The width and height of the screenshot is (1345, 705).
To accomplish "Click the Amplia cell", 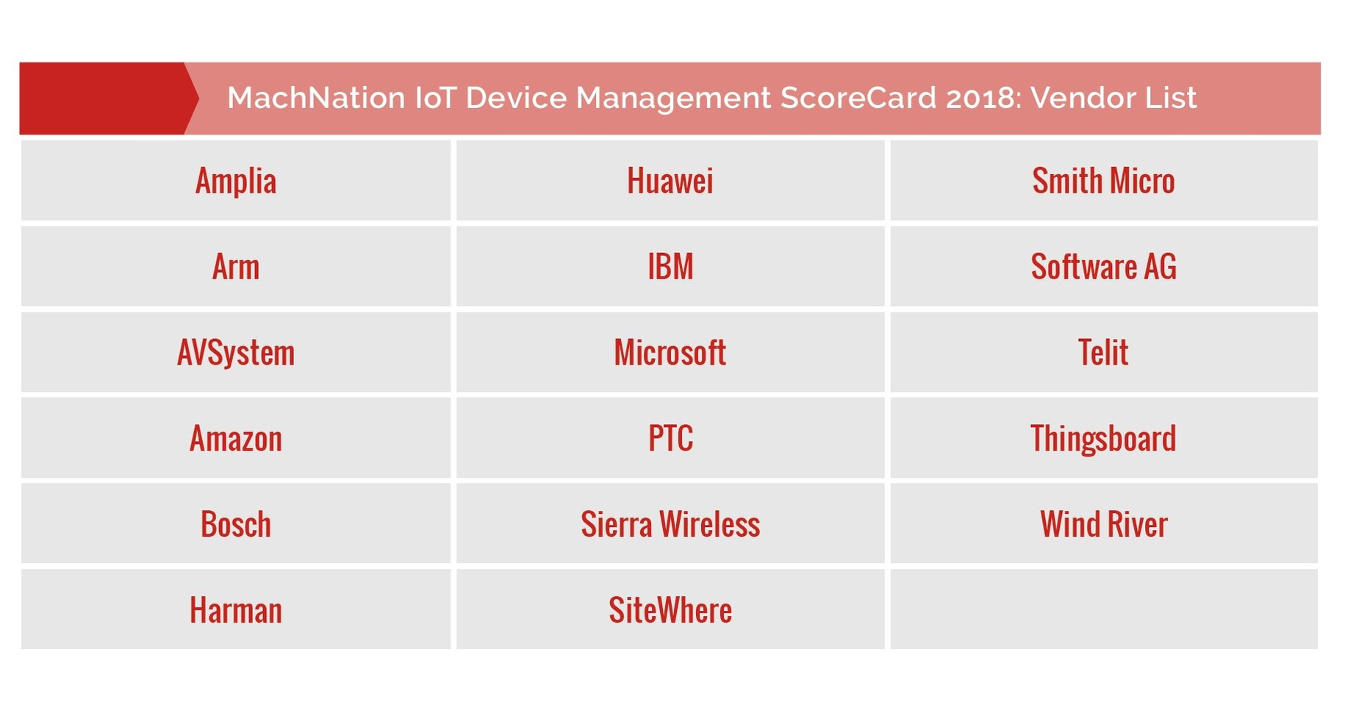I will tap(236, 181).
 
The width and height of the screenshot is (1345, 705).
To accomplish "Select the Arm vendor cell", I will tap(236, 267).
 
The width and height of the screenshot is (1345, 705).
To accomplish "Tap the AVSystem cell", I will tap(236, 353).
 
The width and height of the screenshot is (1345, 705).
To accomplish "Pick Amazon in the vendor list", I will tap(236, 439).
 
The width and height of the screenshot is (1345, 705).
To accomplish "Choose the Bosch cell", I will tap(236, 525).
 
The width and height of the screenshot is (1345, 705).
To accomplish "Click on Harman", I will tap(236, 610).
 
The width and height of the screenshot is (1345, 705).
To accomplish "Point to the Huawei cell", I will tap(670, 181).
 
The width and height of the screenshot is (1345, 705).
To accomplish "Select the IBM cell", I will tap(670, 267).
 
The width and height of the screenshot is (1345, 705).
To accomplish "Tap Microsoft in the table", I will tap(670, 353).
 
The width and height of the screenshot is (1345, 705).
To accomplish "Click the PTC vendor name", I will tap(670, 439).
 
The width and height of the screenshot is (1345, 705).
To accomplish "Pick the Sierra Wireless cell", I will tap(670, 525).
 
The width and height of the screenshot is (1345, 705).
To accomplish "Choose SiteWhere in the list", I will tap(670, 610).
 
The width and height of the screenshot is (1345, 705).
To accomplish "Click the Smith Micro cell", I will tap(1103, 181).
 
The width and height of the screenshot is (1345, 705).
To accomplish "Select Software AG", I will tap(1103, 267).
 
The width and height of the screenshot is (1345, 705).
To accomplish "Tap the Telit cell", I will tap(1103, 353).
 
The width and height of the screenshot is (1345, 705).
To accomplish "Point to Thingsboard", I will tap(1103, 439).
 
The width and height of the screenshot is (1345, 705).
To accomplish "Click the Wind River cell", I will tap(1103, 525).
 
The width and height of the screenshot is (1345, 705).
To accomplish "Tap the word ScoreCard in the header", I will tap(858, 98).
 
